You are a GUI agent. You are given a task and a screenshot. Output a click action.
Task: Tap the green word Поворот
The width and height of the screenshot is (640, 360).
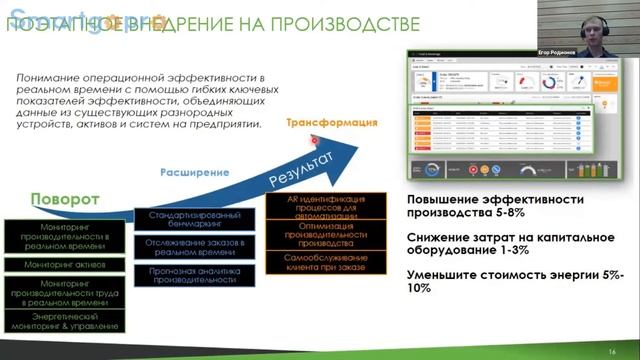(65, 199)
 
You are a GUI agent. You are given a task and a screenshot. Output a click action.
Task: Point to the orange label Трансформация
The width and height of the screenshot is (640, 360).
(331, 123)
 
